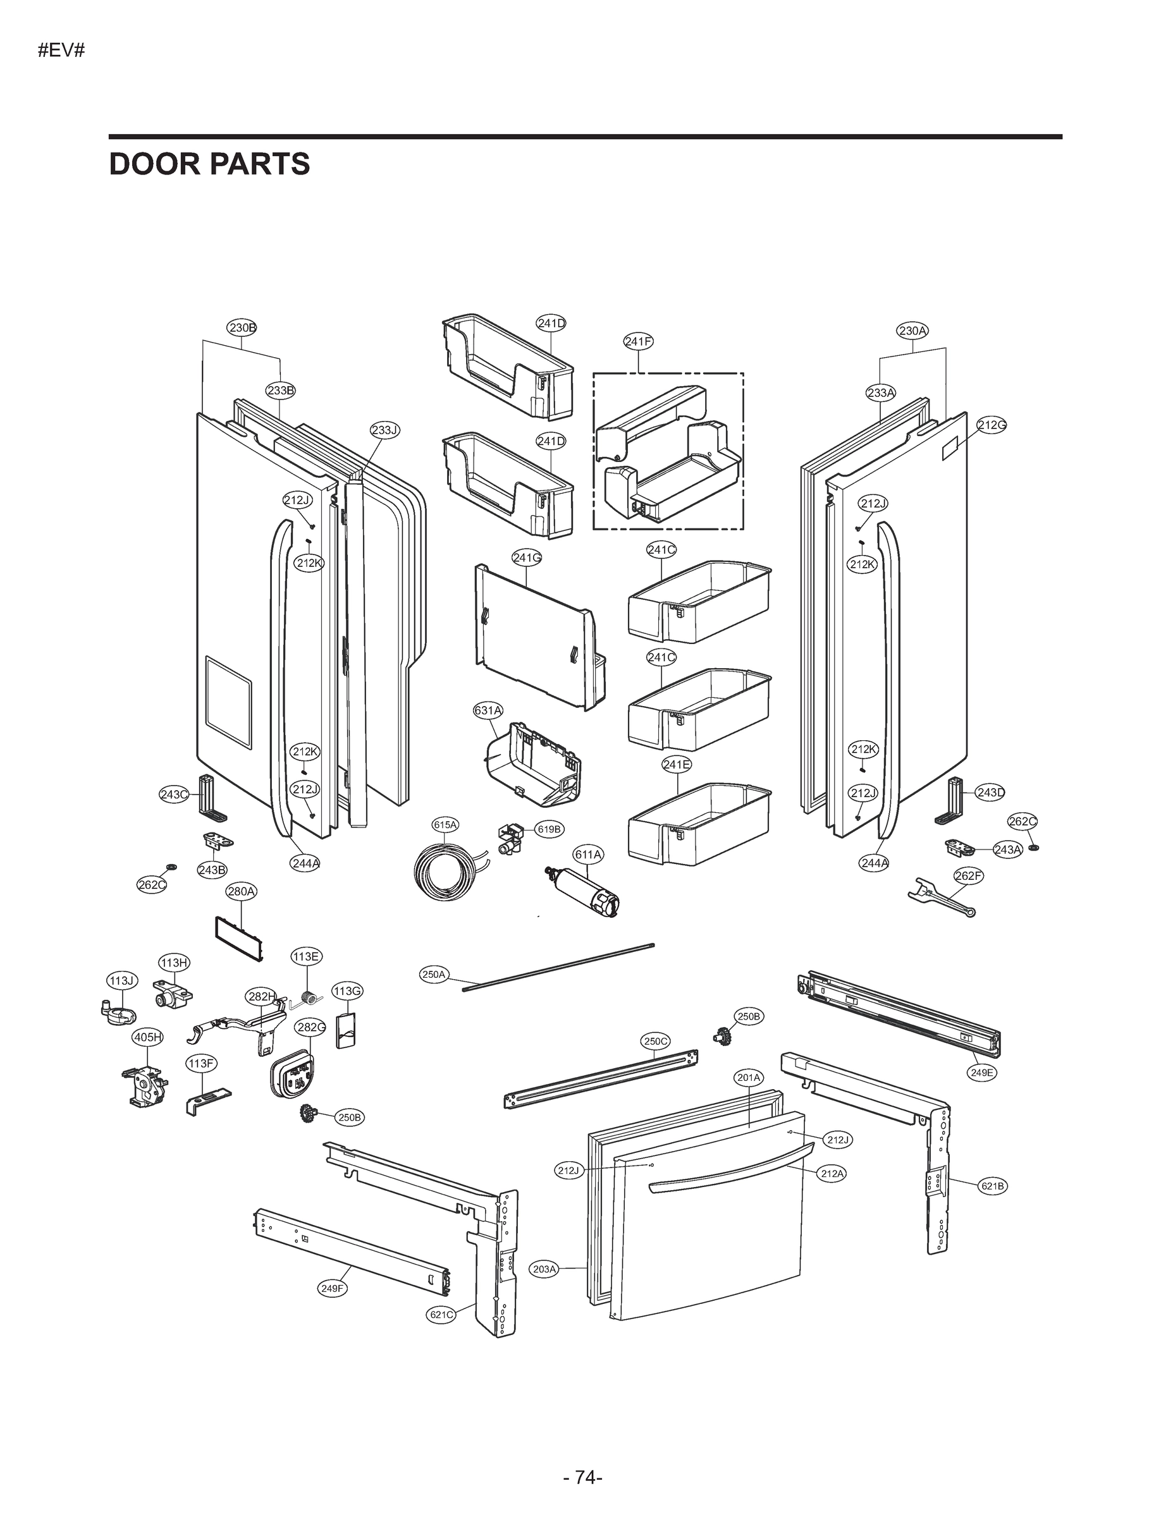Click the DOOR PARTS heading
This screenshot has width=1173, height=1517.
(x=209, y=164)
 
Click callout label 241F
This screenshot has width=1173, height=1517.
(x=638, y=341)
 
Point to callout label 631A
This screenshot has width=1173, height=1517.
(x=487, y=710)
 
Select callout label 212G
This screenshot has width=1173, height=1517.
(x=992, y=425)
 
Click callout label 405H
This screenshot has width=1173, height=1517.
(x=147, y=1038)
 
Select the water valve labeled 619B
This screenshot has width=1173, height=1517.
(x=512, y=837)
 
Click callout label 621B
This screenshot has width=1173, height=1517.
(x=992, y=1186)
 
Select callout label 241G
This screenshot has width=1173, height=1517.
(x=527, y=557)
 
